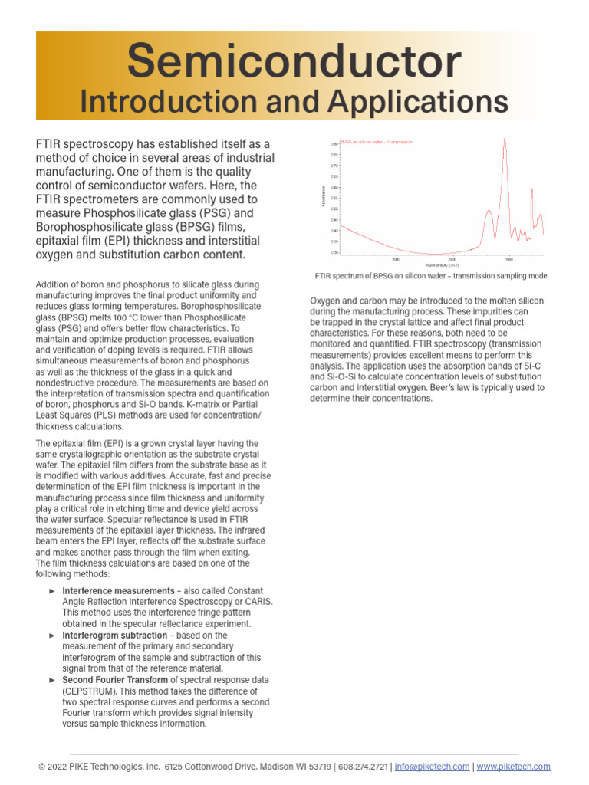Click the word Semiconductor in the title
(294, 61)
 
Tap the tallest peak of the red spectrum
(505, 140)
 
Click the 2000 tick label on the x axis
(452, 259)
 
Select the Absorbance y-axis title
(323, 196)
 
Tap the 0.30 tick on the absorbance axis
(334, 252)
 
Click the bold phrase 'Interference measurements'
(118, 591)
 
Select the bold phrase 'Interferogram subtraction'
(114, 636)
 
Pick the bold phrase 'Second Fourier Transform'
(115, 680)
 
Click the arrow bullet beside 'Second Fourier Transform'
(52, 680)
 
